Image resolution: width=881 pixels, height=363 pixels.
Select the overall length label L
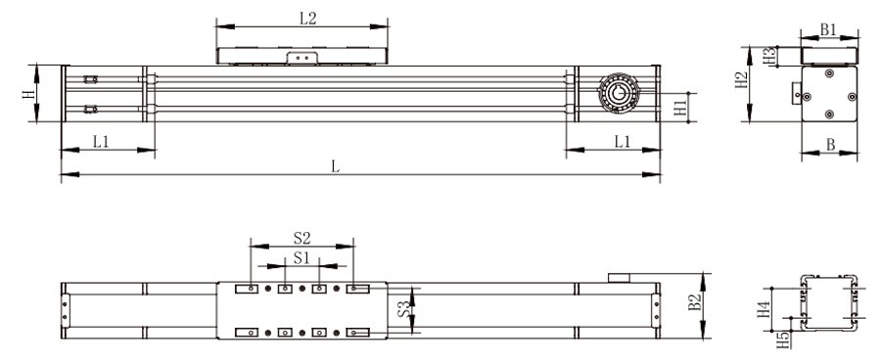335,165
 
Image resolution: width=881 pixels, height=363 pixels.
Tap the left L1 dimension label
101,141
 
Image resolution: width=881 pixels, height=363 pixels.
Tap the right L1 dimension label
622,141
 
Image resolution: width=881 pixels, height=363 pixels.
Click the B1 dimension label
828,30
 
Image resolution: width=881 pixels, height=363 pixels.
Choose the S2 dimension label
302,237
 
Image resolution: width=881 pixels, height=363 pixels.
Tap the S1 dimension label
302,258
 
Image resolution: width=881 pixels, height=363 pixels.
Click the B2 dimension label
694,304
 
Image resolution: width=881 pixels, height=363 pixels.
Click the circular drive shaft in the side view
617,94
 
